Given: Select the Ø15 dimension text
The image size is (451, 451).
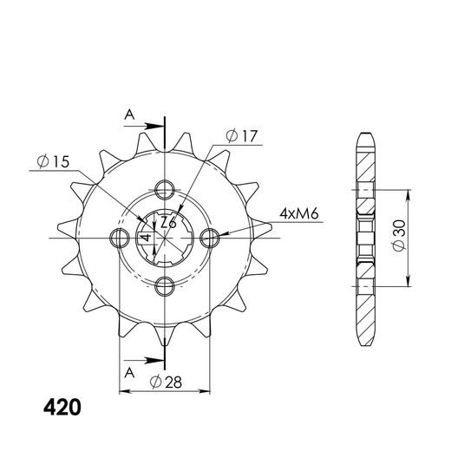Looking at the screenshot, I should coord(53,161).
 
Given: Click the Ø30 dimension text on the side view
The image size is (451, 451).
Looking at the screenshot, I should coord(398,235).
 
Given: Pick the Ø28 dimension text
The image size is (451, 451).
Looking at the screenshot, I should coord(165,382).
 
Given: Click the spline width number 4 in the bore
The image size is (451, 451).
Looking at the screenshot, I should coord(147,237).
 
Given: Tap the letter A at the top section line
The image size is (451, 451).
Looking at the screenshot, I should coord(129,114).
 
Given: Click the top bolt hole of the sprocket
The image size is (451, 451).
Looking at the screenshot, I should coord(164,189).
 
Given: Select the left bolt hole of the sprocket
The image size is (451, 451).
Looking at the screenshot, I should coord(117,237).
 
